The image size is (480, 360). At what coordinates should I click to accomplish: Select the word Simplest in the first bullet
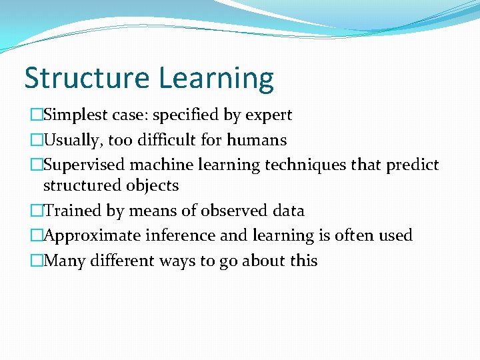[74, 115]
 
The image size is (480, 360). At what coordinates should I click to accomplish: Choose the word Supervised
[85, 165]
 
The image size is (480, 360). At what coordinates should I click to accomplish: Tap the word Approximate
[91, 235]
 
